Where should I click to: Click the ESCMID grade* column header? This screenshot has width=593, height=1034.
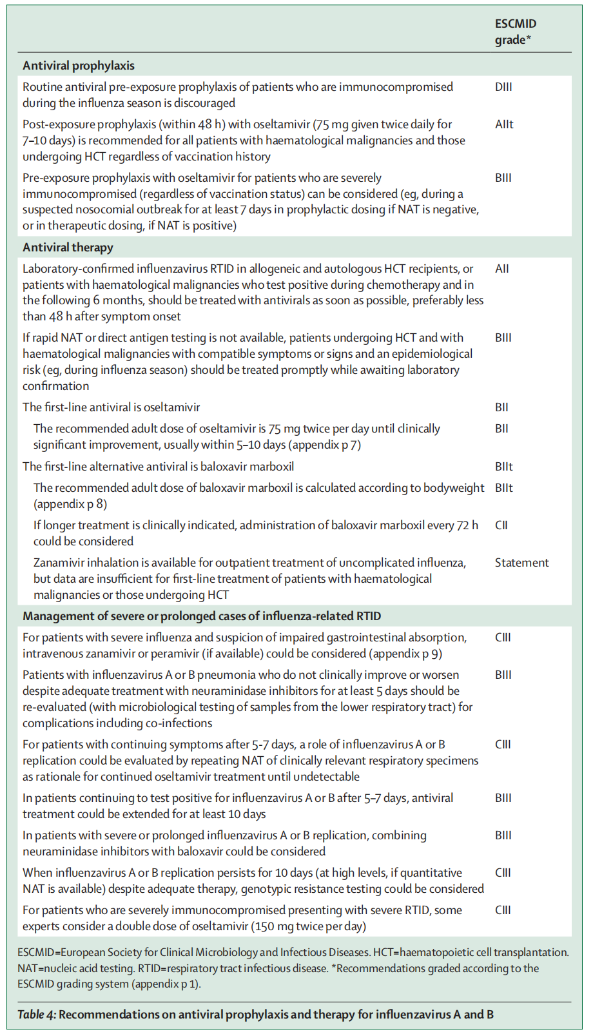[x=515, y=32]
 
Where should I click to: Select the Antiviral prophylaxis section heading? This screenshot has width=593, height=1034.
[x=79, y=66]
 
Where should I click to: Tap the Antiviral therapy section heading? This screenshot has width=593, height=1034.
[x=68, y=248]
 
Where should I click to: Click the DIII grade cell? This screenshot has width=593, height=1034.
[x=503, y=87]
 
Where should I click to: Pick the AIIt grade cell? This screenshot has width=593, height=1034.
[x=504, y=124]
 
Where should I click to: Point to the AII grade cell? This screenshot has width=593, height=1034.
[x=501, y=269]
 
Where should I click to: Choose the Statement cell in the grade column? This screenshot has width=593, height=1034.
[x=521, y=563]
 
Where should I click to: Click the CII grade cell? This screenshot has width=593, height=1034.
[x=501, y=525]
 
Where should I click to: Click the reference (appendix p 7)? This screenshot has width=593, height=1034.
[x=325, y=445]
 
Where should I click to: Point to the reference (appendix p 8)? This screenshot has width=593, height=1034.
[x=70, y=504]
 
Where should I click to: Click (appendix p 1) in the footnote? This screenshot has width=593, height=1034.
[x=171, y=984]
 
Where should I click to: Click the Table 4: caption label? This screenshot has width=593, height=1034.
[x=36, y=1015]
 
